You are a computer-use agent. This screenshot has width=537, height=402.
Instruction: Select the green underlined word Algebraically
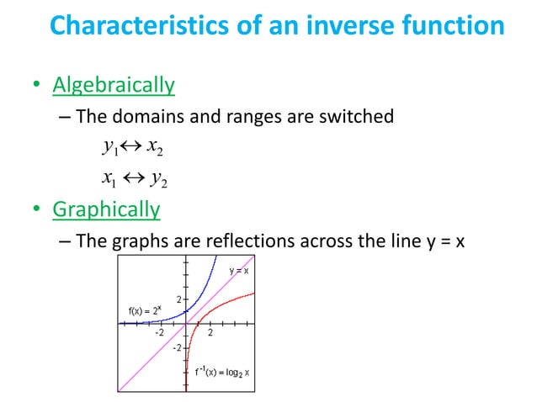[x=114, y=84]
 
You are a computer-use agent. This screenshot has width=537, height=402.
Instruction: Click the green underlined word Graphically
[x=106, y=208]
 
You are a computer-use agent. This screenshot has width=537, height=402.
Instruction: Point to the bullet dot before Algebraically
[x=36, y=86]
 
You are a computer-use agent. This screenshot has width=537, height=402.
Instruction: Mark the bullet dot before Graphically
[x=36, y=209]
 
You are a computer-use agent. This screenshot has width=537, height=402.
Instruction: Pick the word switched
[x=358, y=116]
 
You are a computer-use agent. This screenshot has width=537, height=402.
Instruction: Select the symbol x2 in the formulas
[x=155, y=148]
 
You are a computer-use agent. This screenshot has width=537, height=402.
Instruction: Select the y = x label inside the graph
[x=238, y=270]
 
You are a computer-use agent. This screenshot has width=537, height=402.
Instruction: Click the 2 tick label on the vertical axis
[x=178, y=299]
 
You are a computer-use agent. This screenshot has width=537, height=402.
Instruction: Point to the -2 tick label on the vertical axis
[x=177, y=346]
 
